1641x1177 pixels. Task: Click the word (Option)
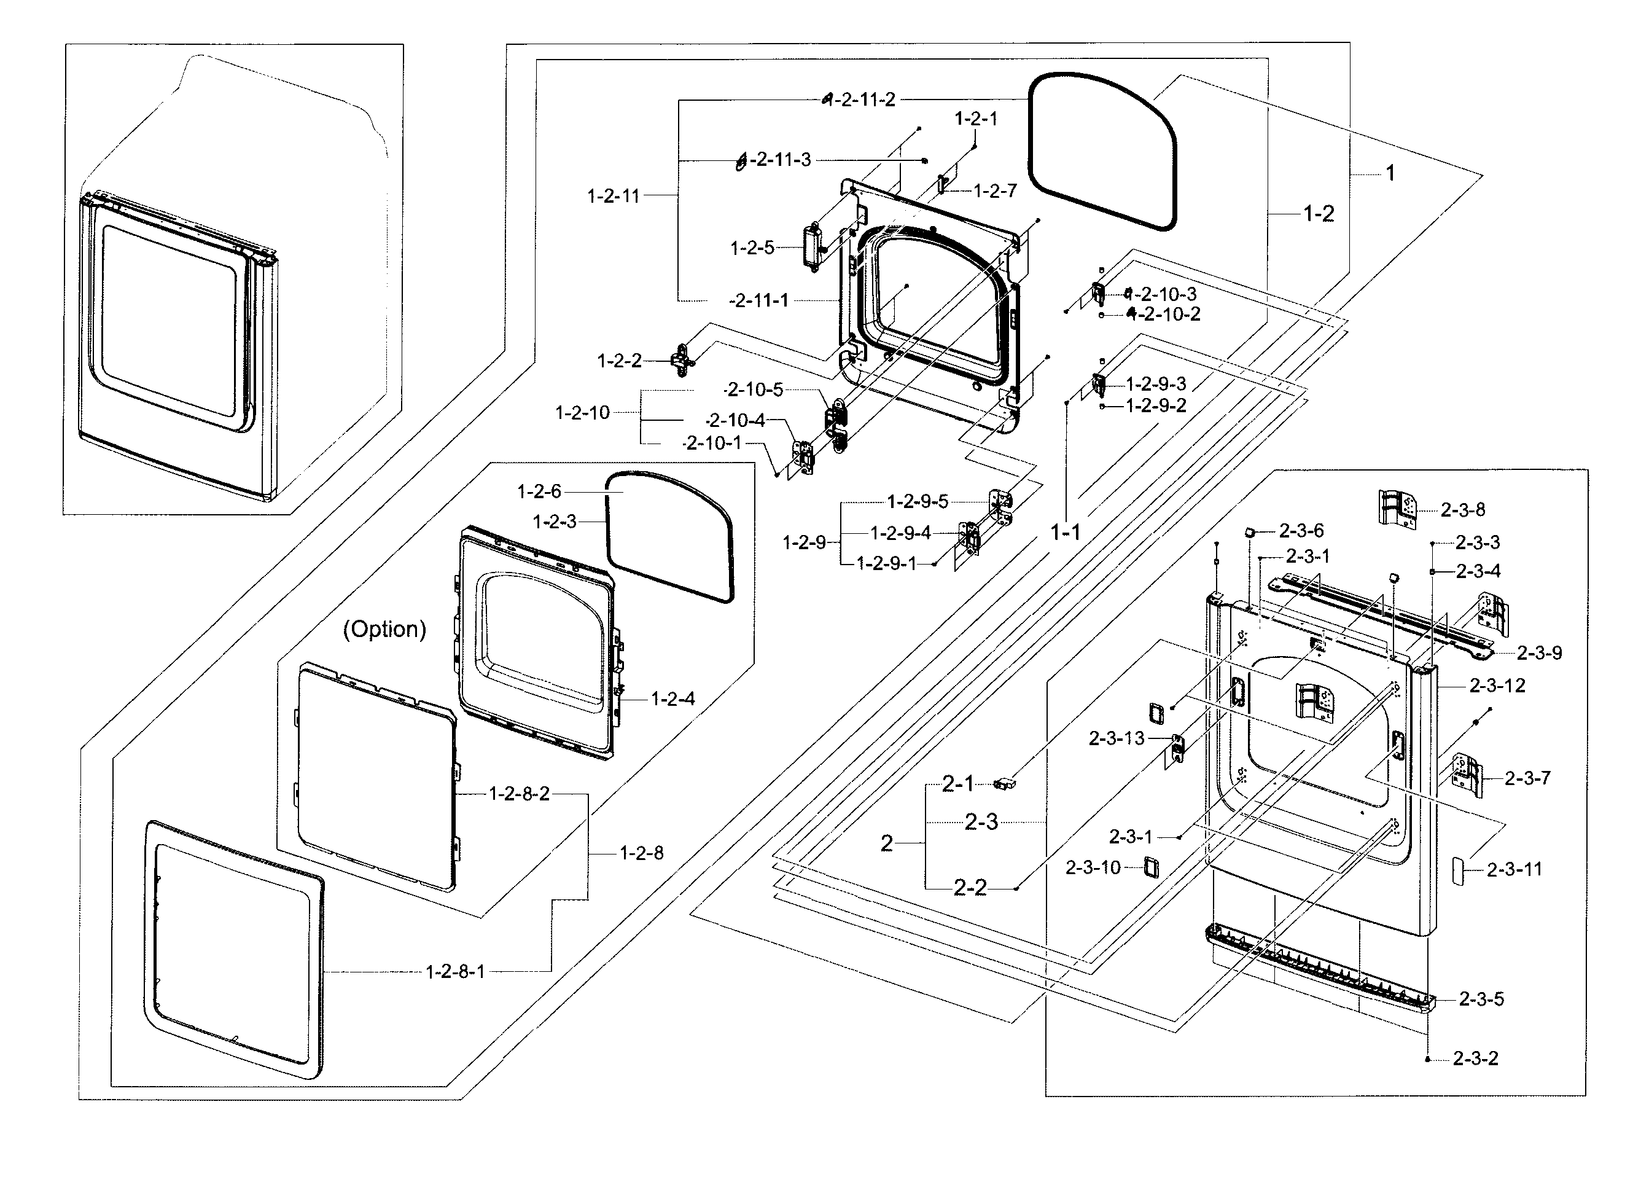(x=384, y=628)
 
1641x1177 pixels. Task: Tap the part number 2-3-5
(x=1481, y=999)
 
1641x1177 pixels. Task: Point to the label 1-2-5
(x=752, y=248)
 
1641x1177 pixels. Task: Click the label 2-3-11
(x=1514, y=869)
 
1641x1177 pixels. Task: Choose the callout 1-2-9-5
(x=918, y=502)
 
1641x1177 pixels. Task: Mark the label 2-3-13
(x=1117, y=738)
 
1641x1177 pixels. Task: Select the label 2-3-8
(x=1462, y=510)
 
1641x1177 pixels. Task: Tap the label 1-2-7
(x=995, y=190)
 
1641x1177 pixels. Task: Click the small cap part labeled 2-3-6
(x=1250, y=532)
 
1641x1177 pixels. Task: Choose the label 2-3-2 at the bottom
(x=1475, y=1058)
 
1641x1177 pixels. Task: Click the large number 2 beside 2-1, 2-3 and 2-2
(x=886, y=843)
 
